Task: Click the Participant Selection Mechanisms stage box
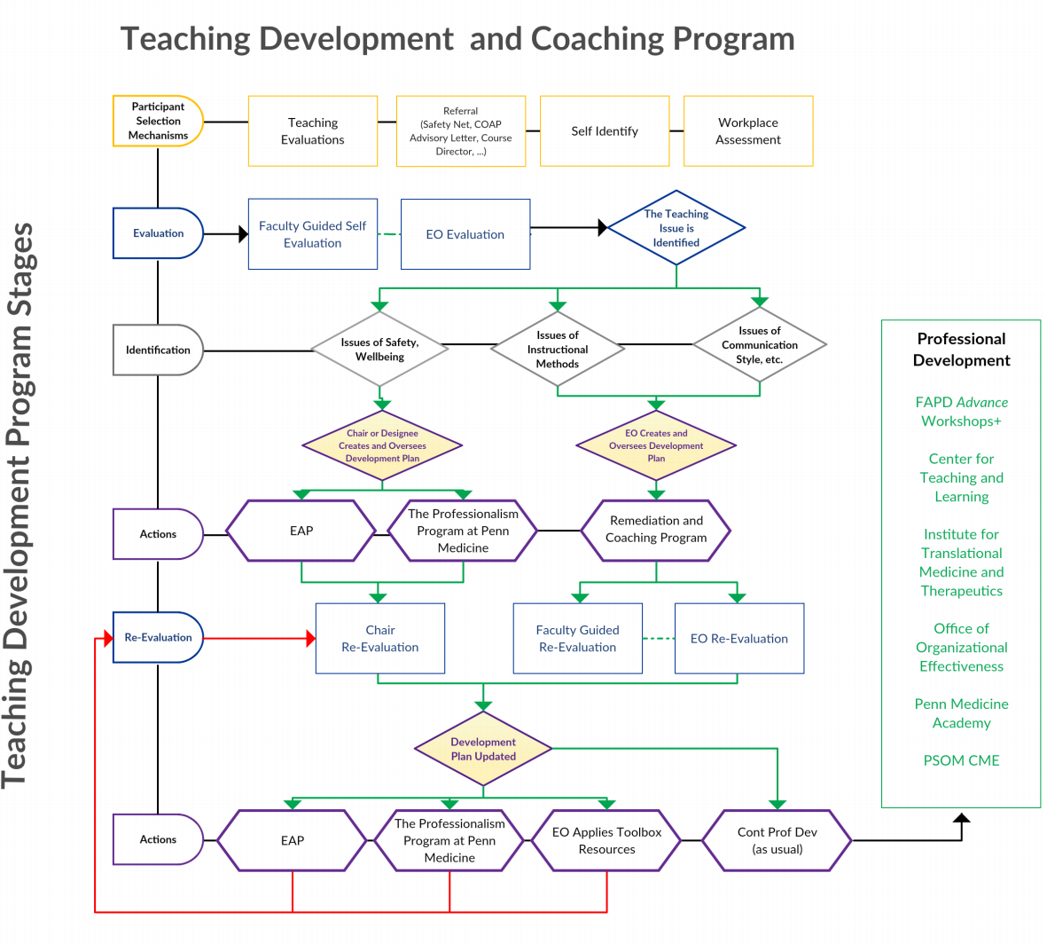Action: coord(158,121)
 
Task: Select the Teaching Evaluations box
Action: coord(313,131)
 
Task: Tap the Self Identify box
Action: coord(605,131)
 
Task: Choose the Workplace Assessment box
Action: coord(748,131)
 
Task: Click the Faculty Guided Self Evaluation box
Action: coord(313,234)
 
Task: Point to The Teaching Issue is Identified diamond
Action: coord(676,228)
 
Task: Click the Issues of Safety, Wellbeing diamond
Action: coord(379,350)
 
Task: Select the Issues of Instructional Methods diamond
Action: coord(558,350)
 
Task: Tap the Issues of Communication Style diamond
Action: coord(760,345)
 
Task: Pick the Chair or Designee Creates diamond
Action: coord(382,445)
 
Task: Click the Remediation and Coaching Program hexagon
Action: coord(656,530)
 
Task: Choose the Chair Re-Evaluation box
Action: coord(380,639)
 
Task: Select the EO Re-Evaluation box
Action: coord(739,639)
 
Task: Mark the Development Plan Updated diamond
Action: coord(483,749)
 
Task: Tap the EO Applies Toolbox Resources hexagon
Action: coord(606,840)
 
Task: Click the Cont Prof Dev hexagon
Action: coord(777,840)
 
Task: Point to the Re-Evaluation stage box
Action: coord(158,637)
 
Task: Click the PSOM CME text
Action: coord(961,760)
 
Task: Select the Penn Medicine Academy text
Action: coord(961,713)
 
